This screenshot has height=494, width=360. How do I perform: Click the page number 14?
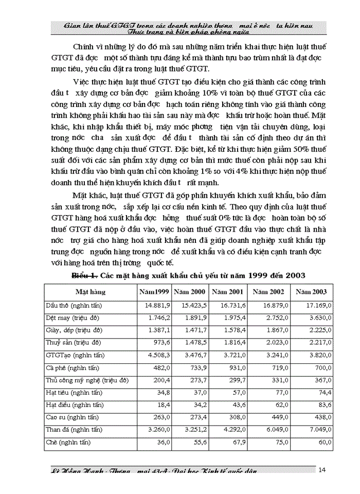pyautogui.click(x=322, y=469)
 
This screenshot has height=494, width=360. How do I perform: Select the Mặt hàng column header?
pyautogui.click(x=91, y=292)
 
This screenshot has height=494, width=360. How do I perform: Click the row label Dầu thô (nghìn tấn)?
pyautogui.click(x=74, y=305)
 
